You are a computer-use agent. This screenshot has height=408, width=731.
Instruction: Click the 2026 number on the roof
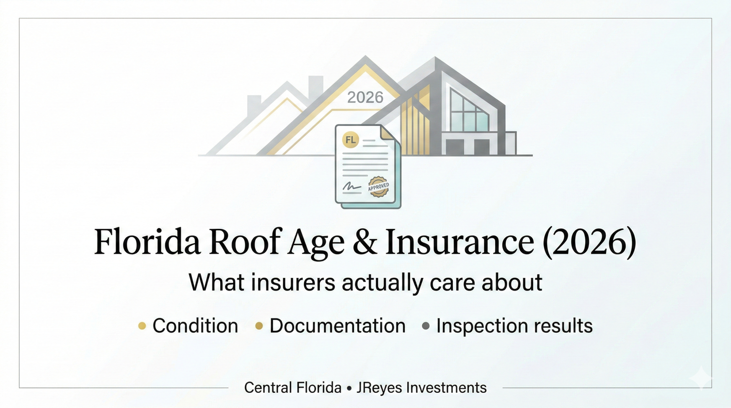point(365,97)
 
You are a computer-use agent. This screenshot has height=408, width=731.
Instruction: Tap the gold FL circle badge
point(350,140)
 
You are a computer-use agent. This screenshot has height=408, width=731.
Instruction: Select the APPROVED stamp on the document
point(378,187)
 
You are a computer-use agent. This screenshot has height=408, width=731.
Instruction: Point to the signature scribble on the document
point(351,186)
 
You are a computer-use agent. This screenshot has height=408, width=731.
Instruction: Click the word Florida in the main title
point(147,242)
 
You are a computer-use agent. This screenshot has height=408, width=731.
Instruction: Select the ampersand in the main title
point(365,242)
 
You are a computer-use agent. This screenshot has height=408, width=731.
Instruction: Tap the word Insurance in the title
point(460,242)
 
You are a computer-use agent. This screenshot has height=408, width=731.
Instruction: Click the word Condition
point(195,326)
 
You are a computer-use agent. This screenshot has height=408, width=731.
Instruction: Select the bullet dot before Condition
point(142,326)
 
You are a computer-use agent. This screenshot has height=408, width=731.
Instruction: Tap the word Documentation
point(338,326)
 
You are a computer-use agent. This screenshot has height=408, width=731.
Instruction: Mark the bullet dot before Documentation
point(259,326)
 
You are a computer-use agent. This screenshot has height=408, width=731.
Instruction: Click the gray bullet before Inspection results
point(426,326)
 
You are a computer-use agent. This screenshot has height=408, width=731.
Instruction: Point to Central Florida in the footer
point(293,388)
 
